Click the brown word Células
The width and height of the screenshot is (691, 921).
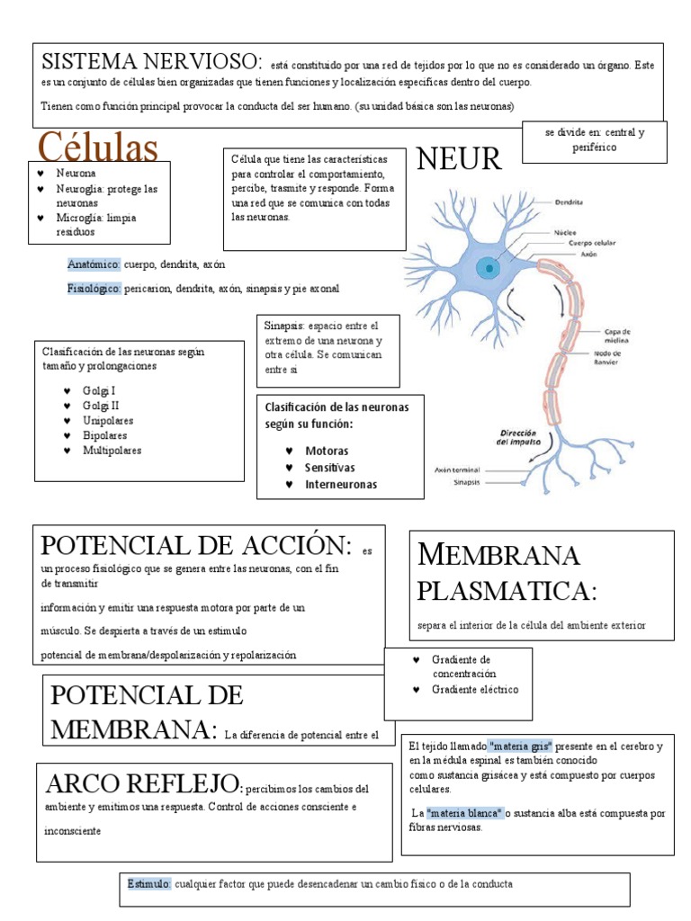pyautogui.click(x=97, y=147)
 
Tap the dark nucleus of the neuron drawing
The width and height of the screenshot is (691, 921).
pyautogui.click(x=488, y=267)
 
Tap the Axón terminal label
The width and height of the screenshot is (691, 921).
pyautogui.click(x=456, y=469)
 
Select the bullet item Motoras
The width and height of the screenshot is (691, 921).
pyautogui.click(x=327, y=450)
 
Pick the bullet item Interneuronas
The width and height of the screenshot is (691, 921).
pyautogui.click(x=341, y=484)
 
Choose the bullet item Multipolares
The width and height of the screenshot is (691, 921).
pyautogui.click(x=112, y=450)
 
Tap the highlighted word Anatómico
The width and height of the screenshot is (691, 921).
pyautogui.click(x=94, y=264)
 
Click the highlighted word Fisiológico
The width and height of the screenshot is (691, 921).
pyautogui.click(x=94, y=289)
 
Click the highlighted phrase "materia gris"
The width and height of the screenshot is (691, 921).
pyautogui.click(x=521, y=747)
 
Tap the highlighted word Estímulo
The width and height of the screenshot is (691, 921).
pyautogui.click(x=148, y=884)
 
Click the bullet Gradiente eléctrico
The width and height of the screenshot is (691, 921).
pyautogui.click(x=475, y=689)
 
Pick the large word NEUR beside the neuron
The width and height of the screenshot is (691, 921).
pyautogui.click(x=458, y=159)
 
